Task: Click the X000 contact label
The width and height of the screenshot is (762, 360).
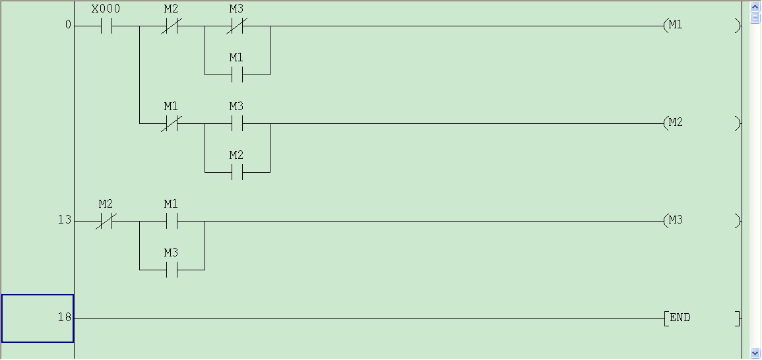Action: pyautogui.click(x=106, y=10)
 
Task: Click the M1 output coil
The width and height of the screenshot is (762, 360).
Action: pyautogui.click(x=702, y=26)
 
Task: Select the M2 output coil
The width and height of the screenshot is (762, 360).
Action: pyautogui.click(x=702, y=123)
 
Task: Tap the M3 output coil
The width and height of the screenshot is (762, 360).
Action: pyautogui.click(x=702, y=221)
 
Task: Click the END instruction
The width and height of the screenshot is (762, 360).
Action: pyautogui.click(x=702, y=318)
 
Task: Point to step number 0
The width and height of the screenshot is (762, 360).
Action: pyautogui.click(x=68, y=26)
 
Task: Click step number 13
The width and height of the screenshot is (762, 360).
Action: pyautogui.click(x=64, y=220)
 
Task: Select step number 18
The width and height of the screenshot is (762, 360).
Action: pyautogui.click(x=64, y=318)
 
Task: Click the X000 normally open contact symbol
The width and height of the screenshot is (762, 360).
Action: pyautogui.click(x=106, y=26)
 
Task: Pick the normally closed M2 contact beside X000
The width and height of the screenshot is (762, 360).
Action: pyautogui.click(x=171, y=26)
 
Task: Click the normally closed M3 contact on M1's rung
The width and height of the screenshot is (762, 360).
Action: pyautogui.click(x=236, y=26)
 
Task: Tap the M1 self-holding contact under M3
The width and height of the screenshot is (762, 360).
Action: pyautogui.click(x=236, y=75)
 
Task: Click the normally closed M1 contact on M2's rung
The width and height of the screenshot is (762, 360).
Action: pyautogui.click(x=171, y=124)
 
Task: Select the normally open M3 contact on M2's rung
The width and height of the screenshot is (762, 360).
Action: pyautogui.click(x=236, y=124)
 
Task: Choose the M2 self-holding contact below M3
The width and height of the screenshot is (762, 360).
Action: pyautogui.click(x=236, y=173)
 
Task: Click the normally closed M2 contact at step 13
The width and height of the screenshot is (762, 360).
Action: pyautogui.click(x=106, y=222)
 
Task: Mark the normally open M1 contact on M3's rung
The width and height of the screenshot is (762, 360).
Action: pyautogui.click(x=171, y=222)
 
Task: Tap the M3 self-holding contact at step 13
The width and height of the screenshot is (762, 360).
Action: pyautogui.click(x=171, y=270)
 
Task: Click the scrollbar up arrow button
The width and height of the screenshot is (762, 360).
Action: pyautogui.click(x=755, y=7)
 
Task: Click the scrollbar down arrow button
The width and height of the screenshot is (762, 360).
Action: pyautogui.click(x=755, y=353)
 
